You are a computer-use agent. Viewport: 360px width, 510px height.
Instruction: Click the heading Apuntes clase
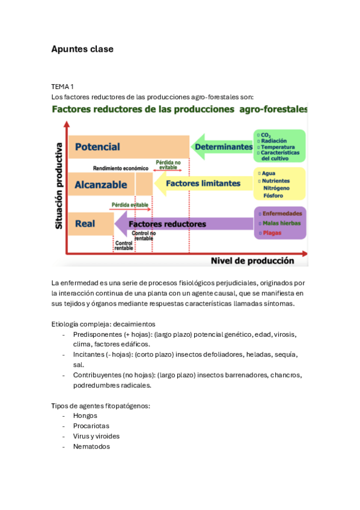82,49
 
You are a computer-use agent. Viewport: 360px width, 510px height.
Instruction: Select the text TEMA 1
63,87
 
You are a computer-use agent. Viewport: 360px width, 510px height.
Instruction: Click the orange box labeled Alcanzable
101,185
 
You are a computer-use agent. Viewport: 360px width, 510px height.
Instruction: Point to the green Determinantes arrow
222,147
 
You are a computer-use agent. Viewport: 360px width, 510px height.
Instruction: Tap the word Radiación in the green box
274,141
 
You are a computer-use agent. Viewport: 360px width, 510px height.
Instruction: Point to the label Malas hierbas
281,223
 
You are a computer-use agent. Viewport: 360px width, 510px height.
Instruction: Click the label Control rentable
124,245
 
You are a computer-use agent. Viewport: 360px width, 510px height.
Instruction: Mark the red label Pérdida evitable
131,205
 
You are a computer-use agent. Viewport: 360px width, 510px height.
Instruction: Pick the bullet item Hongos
85,416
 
